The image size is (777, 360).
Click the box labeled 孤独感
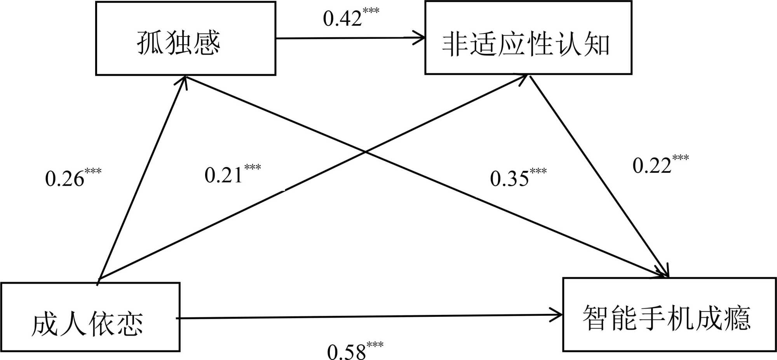186,38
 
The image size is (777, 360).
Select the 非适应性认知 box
528,38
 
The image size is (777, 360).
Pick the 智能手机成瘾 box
669,314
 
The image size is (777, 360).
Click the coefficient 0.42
342,18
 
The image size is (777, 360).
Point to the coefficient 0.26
64,179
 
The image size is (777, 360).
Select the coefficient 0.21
223,175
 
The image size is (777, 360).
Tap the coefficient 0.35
509,179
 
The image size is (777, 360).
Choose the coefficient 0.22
652,166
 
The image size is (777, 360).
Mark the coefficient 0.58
346,352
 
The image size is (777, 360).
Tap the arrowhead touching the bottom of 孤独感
185,81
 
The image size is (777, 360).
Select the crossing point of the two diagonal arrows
365,152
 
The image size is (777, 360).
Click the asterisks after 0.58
375,344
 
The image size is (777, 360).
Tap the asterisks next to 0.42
371,10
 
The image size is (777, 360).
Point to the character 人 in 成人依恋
73,323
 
